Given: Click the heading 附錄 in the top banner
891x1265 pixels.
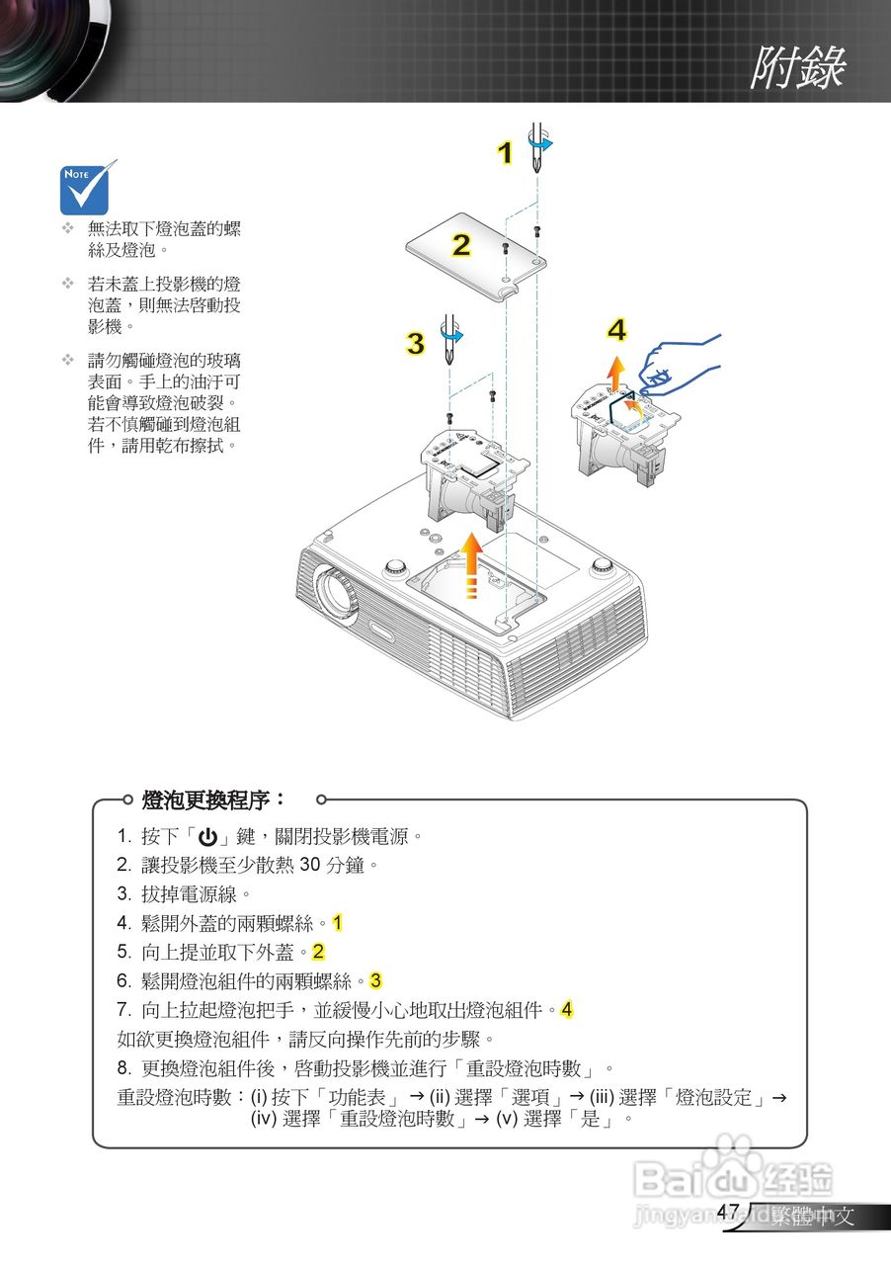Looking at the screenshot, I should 797,68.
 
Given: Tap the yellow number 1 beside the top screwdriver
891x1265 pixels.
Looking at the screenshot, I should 505,154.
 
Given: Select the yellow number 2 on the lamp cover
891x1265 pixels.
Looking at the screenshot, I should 461,245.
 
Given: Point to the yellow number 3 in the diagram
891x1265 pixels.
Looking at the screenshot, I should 416,344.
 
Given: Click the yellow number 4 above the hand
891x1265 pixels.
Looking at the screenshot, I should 616,330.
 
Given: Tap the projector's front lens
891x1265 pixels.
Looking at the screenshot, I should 338,593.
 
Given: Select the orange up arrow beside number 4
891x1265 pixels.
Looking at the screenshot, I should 615,375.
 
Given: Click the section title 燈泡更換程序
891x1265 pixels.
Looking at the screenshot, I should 213,799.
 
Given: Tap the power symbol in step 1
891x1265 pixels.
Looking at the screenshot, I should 207,837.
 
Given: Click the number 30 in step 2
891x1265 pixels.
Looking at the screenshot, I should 309,866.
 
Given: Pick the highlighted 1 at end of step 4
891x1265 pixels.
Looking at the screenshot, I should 337,923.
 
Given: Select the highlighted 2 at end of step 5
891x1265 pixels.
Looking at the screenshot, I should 318,953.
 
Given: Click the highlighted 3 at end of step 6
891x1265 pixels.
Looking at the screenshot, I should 375,981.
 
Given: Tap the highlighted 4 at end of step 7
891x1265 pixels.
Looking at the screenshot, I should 566,1010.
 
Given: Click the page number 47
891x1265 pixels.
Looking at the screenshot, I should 728,1212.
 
